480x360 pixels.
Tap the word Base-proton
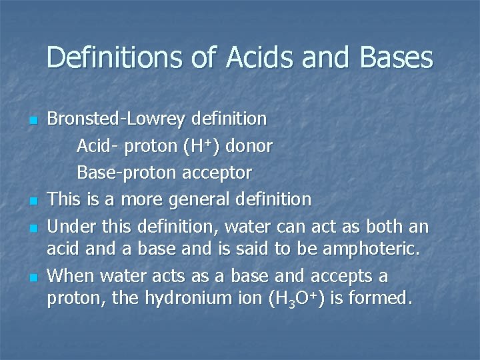coord(123,173)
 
